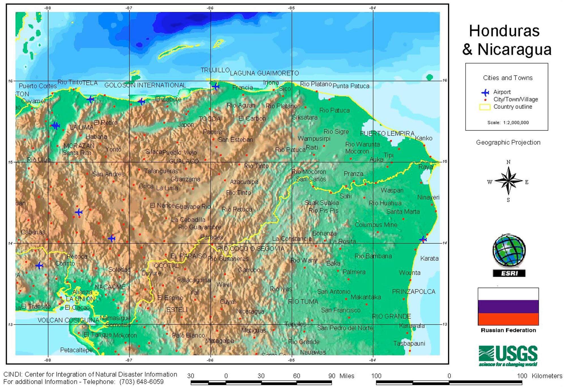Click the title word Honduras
[504, 31]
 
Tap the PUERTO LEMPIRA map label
[387, 134]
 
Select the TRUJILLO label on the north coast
[215, 70]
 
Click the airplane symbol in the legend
[485, 92]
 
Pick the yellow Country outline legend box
[484, 107]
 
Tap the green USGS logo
[508, 355]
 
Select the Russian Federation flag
[508, 307]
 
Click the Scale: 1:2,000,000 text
[508, 122]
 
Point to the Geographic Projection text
[508, 142]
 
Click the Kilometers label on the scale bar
[547, 376]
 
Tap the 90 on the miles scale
[332, 376]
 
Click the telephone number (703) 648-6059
[141, 382]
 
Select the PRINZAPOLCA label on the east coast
[413, 292]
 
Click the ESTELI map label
[177, 310]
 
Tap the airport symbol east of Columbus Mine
[423, 240]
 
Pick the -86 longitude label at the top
[210, 8]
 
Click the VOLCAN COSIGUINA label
[68, 320]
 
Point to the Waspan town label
[392, 190]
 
